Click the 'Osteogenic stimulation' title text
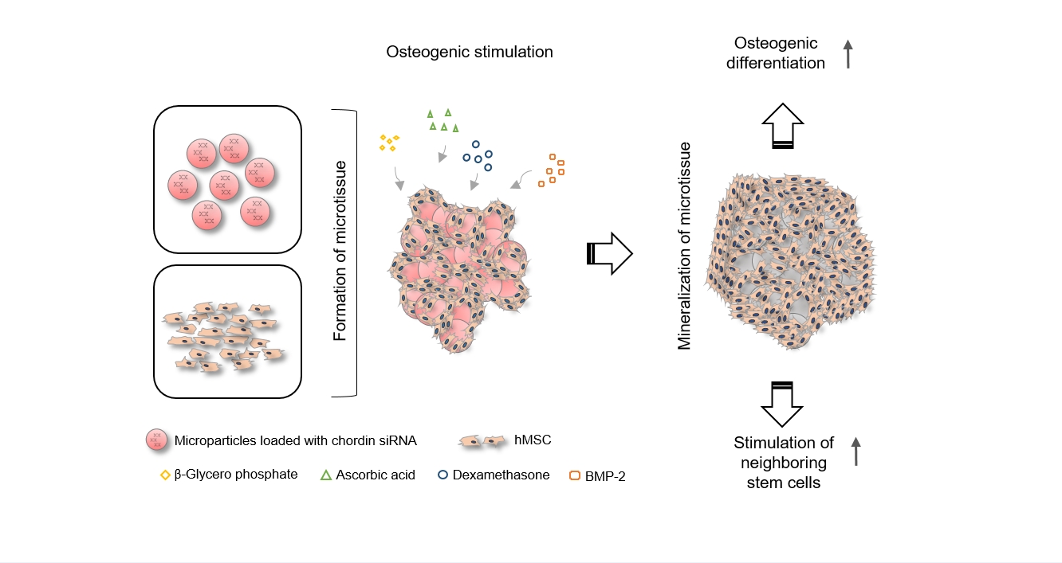pos(470,52)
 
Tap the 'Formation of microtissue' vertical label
pos(340,251)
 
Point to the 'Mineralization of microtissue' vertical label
pos(684,246)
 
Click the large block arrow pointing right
pos(609,253)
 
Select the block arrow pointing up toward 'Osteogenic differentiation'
pos(783,126)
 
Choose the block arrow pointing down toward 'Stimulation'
pos(782,404)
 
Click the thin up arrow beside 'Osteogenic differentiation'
pos(848,54)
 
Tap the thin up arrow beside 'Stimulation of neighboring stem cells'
pos(855,452)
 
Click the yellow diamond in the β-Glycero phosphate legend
pos(165,475)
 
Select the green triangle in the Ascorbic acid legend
pos(326,475)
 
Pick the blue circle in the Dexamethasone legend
pos(442,475)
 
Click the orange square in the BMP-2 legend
pos(575,475)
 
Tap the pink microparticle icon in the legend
pos(156,440)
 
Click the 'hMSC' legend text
pos(533,440)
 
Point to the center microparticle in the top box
pos(224,185)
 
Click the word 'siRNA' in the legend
pos(397,440)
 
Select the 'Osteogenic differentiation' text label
pos(776,53)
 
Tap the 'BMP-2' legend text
pos(605,476)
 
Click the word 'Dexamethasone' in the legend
pos(501,475)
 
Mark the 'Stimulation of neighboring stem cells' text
pos(783,463)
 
